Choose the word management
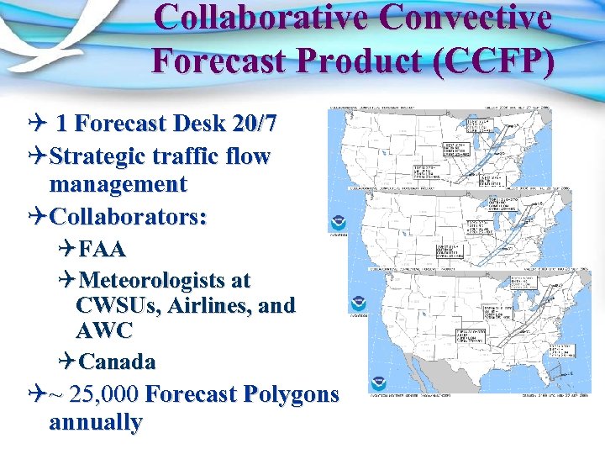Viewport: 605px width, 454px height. [x=118, y=184]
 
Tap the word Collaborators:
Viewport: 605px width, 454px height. [x=129, y=216]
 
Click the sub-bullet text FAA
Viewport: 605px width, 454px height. [x=101, y=249]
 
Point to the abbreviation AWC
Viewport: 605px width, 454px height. [x=104, y=330]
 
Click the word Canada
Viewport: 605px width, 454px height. [x=117, y=362]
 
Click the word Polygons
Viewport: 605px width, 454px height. [x=288, y=393]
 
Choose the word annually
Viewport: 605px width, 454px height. [x=95, y=422]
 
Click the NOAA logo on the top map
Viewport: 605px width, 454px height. [x=338, y=221]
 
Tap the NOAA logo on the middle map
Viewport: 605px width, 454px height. [x=359, y=302]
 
